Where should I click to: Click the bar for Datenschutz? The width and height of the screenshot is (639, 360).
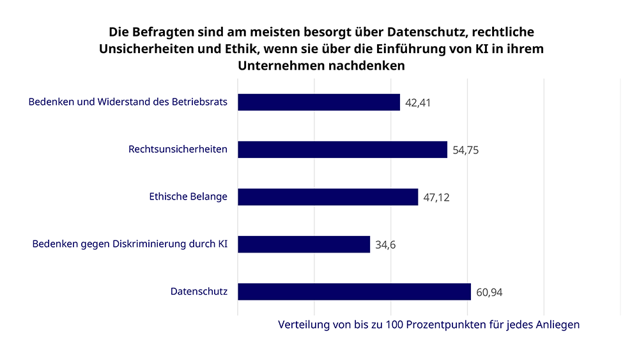pyautogui.click(x=354, y=292)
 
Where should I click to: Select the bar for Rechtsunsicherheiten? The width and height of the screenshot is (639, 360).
pyautogui.click(x=343, y=150)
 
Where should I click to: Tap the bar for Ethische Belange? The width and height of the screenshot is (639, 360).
pyautogui.click(x=328, y=197)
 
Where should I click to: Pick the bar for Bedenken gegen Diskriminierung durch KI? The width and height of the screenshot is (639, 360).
pyautogui.click(x=304, y=244)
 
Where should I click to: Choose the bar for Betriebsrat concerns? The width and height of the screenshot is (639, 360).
pyautogui.click(x=319, y=102)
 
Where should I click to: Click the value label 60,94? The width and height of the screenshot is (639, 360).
pyautogui.click(x=489, y=292)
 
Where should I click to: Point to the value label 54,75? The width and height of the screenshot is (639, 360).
pyautogui.click(x=466, y=150)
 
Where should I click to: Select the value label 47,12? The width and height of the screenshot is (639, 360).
pyautogui.click(x=436, y=198)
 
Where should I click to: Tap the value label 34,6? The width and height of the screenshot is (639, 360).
pyautogui.click(x=386, y=245)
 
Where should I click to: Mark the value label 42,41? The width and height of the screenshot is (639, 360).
pyautogui.click(x=419, y=103)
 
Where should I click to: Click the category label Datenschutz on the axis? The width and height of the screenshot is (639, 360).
pyautogui.click(x=199, y=292)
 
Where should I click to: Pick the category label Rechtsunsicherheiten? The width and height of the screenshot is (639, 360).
pyautogui.click(x=178, y=150)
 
